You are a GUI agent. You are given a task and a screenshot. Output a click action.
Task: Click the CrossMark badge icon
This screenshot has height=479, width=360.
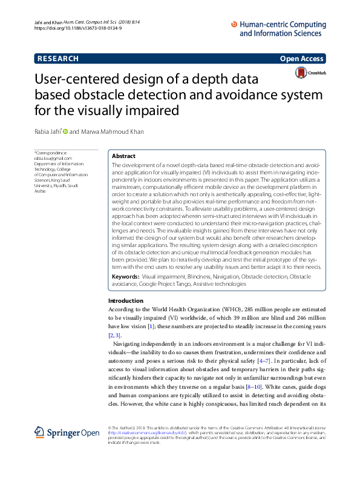[301, 73]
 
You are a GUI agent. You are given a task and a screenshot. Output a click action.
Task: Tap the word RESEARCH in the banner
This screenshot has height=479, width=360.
[58, 59]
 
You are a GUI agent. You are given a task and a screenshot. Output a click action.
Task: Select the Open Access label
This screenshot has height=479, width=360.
[302, 59]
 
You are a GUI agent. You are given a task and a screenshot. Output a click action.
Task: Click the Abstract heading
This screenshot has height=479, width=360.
[124, 156]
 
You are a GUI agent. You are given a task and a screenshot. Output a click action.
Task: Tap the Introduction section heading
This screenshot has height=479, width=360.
[126, 301]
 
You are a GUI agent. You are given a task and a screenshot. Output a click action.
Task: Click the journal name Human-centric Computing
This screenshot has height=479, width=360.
[283, 25]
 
